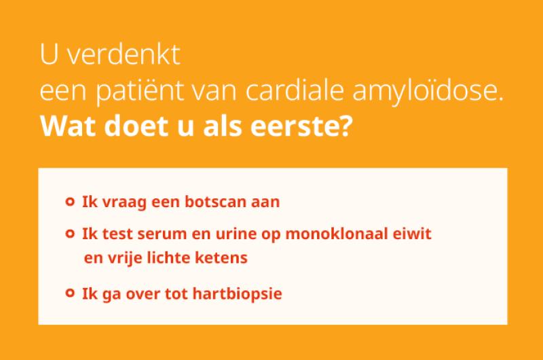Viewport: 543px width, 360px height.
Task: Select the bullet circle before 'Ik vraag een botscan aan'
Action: click(x=69, y=202)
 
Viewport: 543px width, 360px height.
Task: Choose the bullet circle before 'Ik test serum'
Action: click(x=69, y=234)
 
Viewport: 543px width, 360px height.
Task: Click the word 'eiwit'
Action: click(x=412, y=234)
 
